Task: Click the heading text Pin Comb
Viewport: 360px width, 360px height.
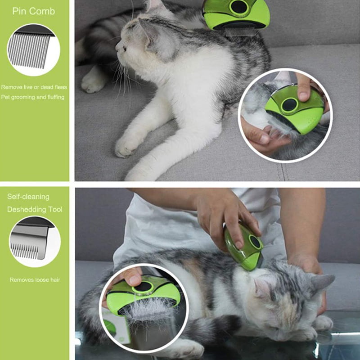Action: pyautogui.click(x=33, y=11)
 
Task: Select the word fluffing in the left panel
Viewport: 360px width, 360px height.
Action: pyautogui.click(x=56, y=97)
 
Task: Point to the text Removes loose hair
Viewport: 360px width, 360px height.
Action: pyautogui.click(x=35, y=279)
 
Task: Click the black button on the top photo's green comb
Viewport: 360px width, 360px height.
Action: pyautogui.click(x=239, y=7)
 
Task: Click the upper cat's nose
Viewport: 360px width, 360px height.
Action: pyautogui.click(x=117, y=47)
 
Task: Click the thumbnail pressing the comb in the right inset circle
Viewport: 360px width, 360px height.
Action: pyautogui.click(x=303, y=96)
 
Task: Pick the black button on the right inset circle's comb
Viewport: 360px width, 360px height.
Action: pyautogui.click(x=290, y=105)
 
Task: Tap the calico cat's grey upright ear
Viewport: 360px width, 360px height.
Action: pyautogui.click(x=321, y=283)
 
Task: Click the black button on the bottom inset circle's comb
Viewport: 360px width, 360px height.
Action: pyautogui.click(x=143, y=287)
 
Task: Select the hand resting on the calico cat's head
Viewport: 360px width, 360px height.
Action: pyautogui.click(x=306, y=264)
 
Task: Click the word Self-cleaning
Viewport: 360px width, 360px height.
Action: pyautogui.click(x=28, y=197)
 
